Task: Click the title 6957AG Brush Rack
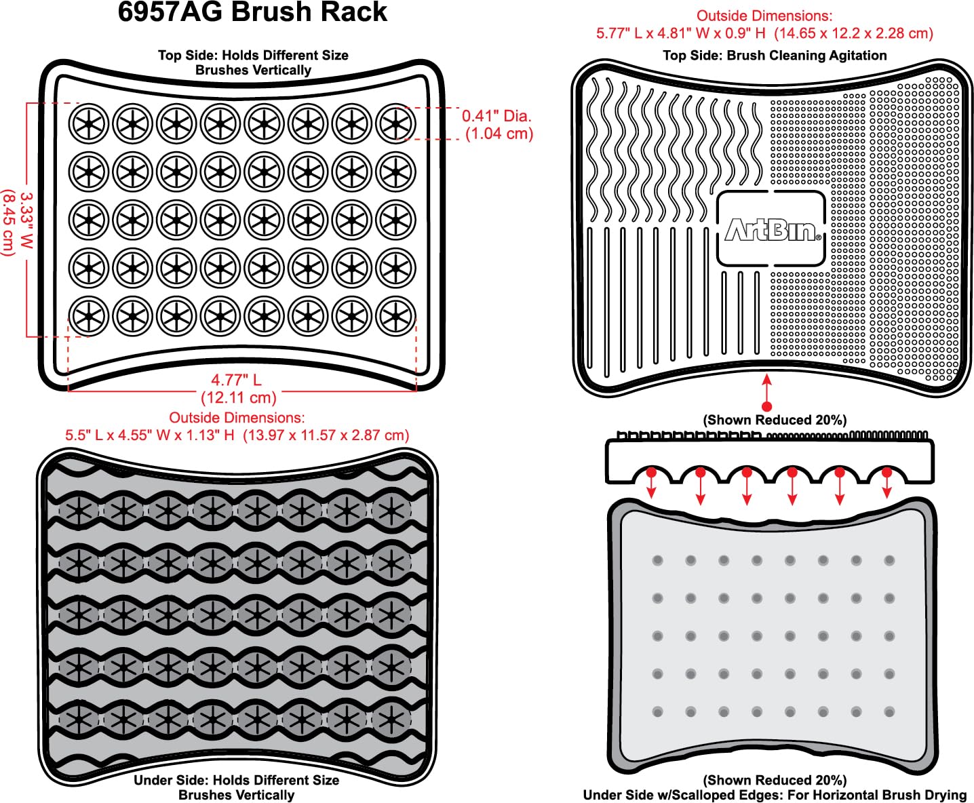click(x=252, y=12)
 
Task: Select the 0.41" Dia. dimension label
click(x=496, y=116)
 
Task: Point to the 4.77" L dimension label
click(x=236, y=380)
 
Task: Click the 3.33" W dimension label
click(x=26, y=220)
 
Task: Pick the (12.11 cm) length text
click(x=238, y=397)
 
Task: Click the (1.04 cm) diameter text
click(x=499, y=134)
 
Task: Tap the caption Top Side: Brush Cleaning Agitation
click(x=775, y=56)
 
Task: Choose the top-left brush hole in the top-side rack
click(x=89, y=123)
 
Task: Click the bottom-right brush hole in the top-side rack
click(x=395, y=316)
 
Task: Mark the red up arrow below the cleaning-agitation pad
click(x=766, y=393)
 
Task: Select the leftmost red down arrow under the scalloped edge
click(x=651, y=483)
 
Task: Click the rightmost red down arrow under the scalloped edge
click(x=887, y=483)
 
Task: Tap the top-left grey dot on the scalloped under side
click(x=658, y=560)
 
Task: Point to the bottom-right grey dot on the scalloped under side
click(x=889, y=711)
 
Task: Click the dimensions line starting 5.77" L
click(x=764, y=34)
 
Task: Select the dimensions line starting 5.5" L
click(x=237, y=435)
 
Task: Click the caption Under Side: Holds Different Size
click(x=237, y=780)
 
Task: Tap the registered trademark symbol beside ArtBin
click(x=818, y=237)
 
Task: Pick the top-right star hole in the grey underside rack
click(x=391, y=510)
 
